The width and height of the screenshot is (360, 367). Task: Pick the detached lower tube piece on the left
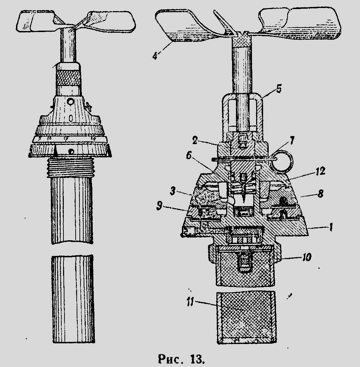coord(72,298)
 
